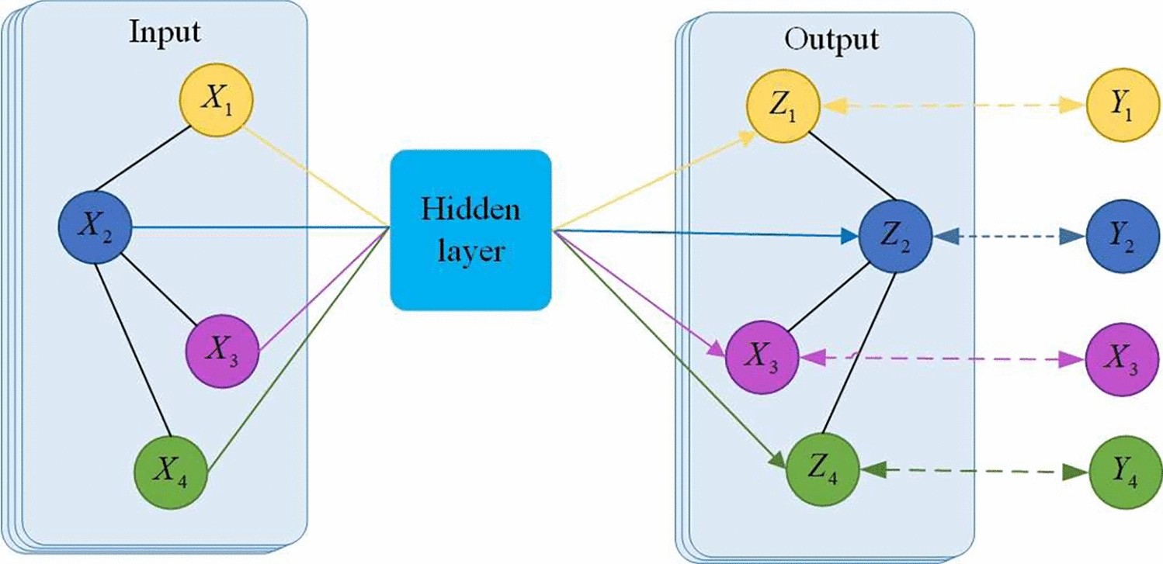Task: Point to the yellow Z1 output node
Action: click(x=783, y=111)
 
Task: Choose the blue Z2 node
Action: click(x=895, y=236)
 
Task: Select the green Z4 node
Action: click(x=824, y=468)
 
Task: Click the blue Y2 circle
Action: click(x=1118, y=236)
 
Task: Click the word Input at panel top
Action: click(x=165, y=32)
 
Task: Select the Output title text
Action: click(x=831, y=38)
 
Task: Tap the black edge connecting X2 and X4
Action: click(x=132, y=349)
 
